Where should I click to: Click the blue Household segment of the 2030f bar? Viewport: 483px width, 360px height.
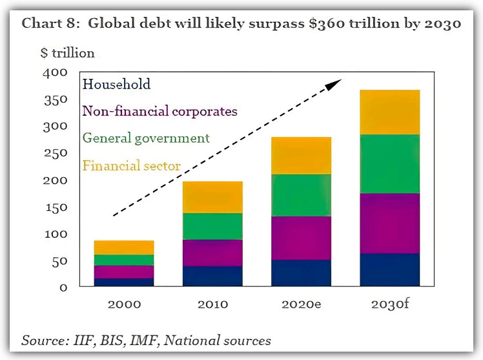point(389,270)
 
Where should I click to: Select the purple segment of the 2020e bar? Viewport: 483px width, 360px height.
point(301,238)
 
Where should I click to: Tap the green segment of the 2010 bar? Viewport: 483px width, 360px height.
point(212,226)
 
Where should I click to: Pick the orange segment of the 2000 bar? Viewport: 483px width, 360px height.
point(124,248)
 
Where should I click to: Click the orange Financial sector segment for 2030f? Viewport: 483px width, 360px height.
point(389,112)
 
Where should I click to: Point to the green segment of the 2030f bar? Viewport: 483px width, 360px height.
point(389,164)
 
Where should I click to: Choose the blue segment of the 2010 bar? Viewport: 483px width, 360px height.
point(212,276)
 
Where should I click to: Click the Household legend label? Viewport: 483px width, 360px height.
point(117,84)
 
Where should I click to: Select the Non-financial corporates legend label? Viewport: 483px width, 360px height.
point(159,111)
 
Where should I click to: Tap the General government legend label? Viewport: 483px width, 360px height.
point(146,138)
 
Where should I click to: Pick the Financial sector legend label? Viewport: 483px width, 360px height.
point(132,166)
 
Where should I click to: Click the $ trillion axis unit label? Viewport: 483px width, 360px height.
point(67,53)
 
